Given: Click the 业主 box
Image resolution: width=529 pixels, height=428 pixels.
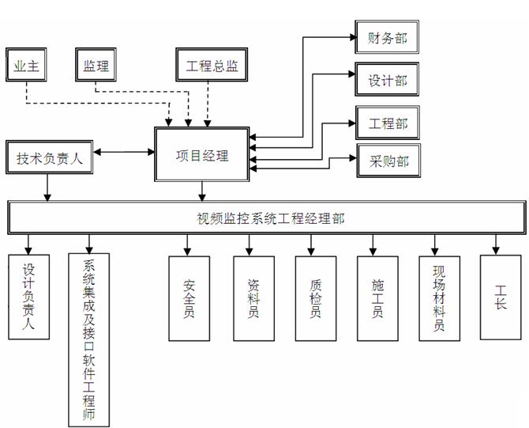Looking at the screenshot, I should pyautogui.click(x=28, y=66).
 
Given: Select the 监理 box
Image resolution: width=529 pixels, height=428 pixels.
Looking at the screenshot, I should pyautogui.click(x=96, y=66).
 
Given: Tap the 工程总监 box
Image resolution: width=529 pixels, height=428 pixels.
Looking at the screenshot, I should pyautogui.click(x=212, y=66).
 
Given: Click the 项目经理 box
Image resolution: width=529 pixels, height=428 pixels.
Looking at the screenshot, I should pyautogui.click(x=202, y=155).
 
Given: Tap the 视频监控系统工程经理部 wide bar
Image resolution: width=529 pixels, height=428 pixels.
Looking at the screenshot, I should pyautogui.click(x=267, y=218).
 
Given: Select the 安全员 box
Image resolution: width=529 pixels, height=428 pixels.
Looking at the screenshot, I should pyautogui.click(x=189, y=297).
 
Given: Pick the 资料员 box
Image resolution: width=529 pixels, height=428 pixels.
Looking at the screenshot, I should pyautogui.click(x=253, y=297).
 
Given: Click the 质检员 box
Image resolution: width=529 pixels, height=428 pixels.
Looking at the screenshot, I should pyautogui.click(x=315, y=297).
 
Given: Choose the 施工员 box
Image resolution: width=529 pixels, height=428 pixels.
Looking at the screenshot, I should pyautogui.click(x=377, y=297).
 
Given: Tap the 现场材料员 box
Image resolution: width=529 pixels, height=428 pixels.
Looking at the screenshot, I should pyautogui.click(x=438, y=297).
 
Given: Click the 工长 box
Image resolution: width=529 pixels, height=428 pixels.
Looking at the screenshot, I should pyautogui.click(x=500, y=296).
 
